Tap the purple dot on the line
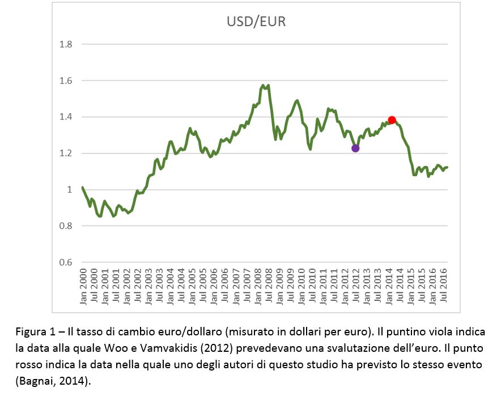tap(355, 148)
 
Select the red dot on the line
tap(392, 120)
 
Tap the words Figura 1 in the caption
tap(32, 331)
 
